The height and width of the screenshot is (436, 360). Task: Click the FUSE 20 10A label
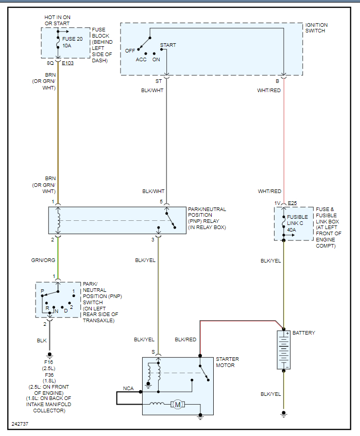pyautogui.click(x=72, y=42)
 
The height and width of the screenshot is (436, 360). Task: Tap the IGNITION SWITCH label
pyautogui.click(x=316, y=28)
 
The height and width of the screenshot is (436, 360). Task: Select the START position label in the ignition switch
pyautogui.click(x=168, y=45)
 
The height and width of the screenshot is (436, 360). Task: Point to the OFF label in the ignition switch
pyautogui.click(x=130, y=50)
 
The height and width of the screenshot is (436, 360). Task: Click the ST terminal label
pyautogui.click(x=158, y=81)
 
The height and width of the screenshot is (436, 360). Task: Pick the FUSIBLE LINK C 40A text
pyautogui.click(x=298, y=223)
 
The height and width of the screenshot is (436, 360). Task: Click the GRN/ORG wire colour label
pyautogui.click(x=43, y=260)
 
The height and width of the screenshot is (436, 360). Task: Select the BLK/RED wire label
pyautogui.click(x=185, y=340)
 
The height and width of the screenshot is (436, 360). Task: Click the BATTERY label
pyautogui.click(x=303, y=333)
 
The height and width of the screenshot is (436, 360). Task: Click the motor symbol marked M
pyautogui.click(x=178, y=405)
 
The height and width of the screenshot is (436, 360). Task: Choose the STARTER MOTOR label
pyautogui.click(x=227, y=362)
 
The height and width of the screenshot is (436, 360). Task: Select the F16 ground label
pyautogui.click(x=49, y=363)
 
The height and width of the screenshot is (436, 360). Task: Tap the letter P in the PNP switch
pyautogui.click(x=42, y=292)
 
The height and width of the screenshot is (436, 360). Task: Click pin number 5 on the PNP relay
pyautogui.click(x=161, y=202)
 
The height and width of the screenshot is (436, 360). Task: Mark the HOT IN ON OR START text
pyautogui.click(x=57, y=20)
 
